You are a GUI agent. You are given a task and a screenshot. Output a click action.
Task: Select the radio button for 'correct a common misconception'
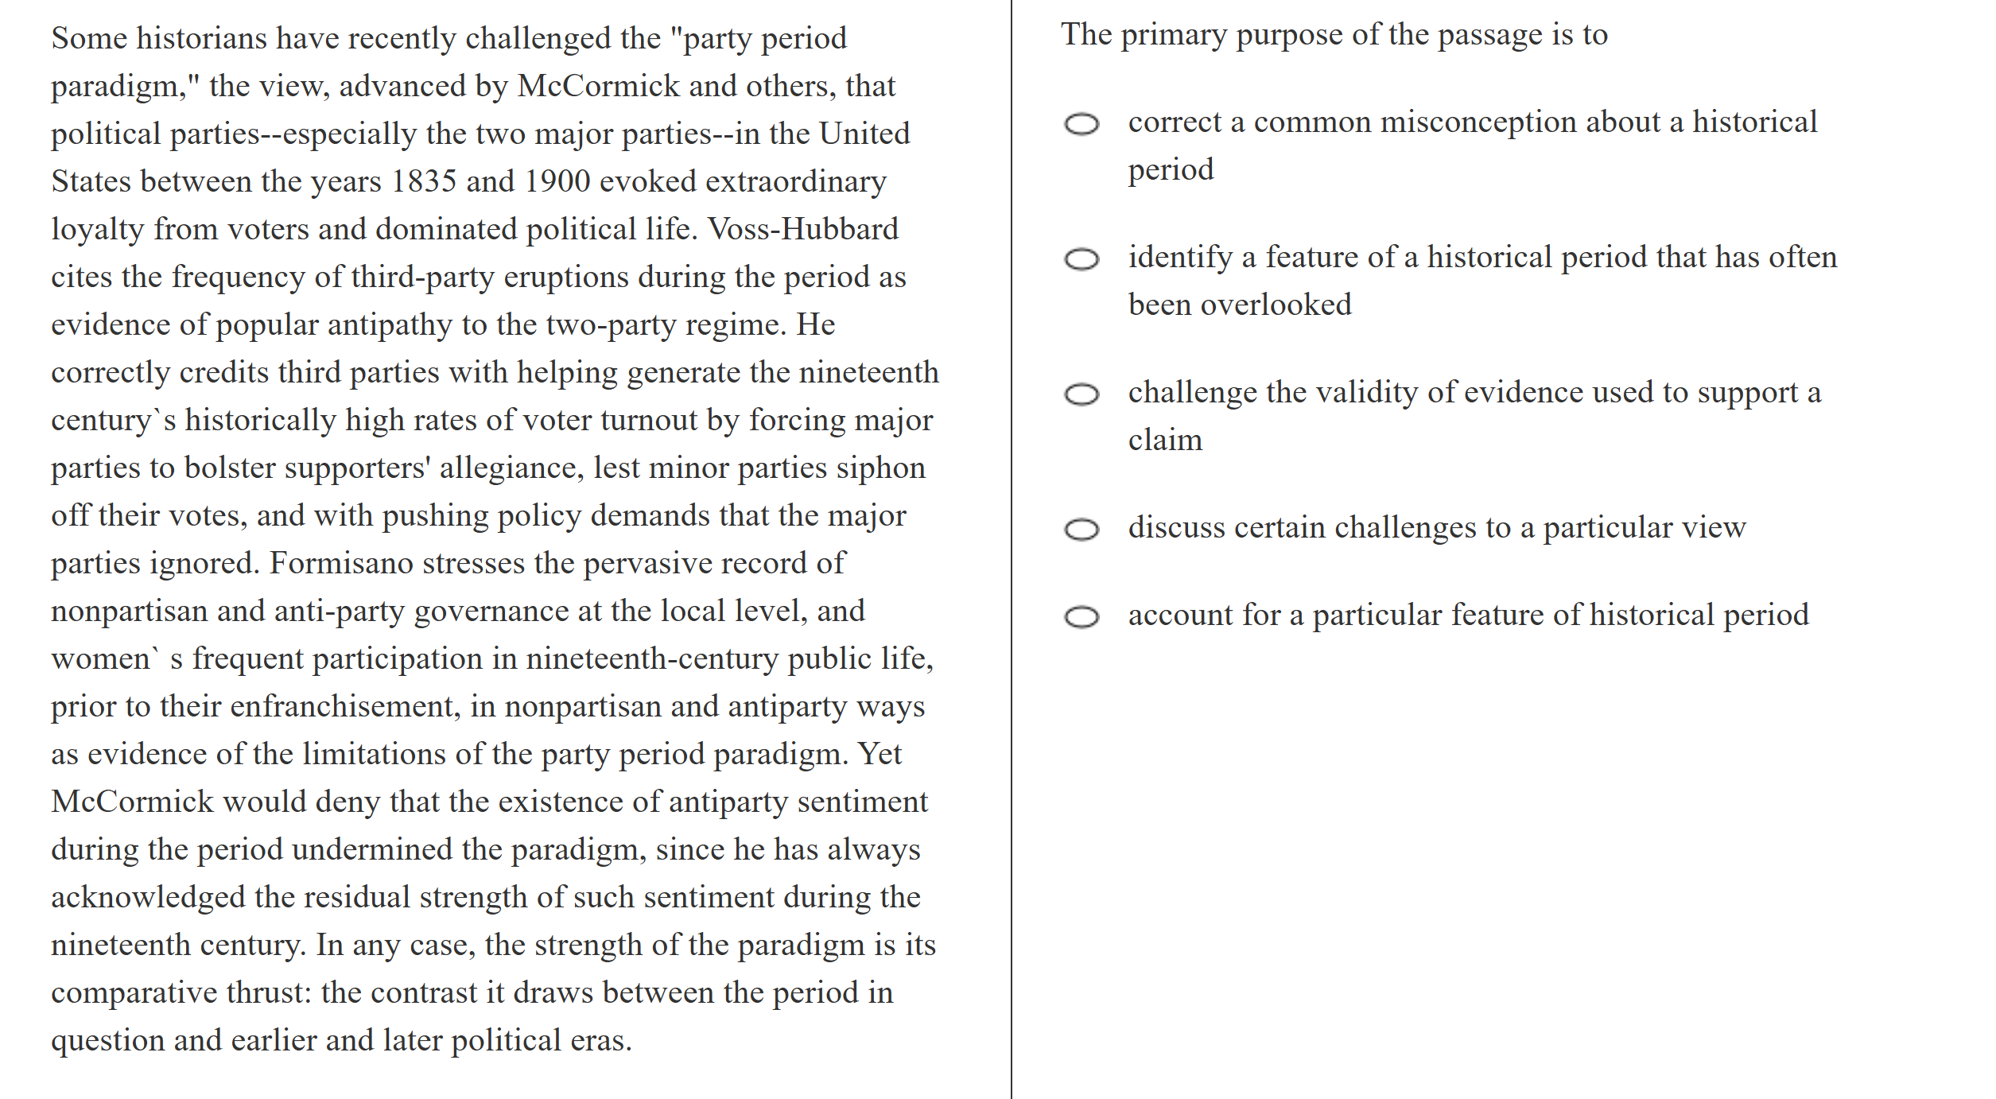tap(1081, 124)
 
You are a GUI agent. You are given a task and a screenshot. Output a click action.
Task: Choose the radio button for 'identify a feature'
tap(1081, 259)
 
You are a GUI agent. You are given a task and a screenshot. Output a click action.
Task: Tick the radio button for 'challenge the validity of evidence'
tap(1081, 394)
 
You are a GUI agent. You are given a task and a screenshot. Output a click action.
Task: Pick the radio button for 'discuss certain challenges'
tap(1081, 530)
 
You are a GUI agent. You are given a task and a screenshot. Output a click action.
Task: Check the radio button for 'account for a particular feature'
tap(1081, 617)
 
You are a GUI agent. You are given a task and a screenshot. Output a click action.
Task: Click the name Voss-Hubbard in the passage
tap(803, 230)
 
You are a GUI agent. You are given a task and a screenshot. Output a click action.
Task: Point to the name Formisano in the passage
tap(341, 564)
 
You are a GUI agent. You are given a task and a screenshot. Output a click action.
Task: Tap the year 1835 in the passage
tap(424, 182)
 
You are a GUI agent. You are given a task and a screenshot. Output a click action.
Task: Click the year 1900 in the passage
tap(557, 182)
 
